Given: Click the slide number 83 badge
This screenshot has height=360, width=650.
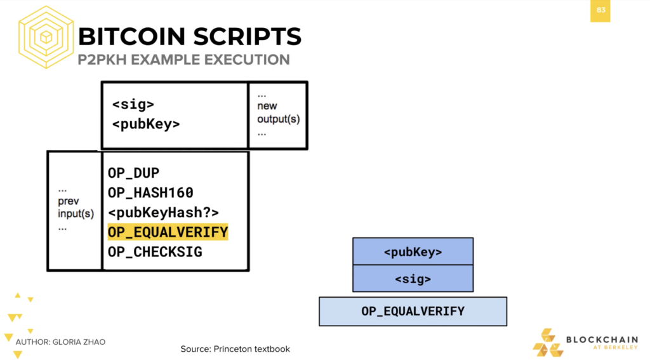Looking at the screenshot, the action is click(600, 10).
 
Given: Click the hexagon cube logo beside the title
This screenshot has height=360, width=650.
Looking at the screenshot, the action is click(46, 37).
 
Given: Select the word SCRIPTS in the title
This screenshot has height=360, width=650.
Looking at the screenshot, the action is click(248, 36).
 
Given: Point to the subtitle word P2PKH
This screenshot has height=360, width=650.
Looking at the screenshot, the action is click(102, 60).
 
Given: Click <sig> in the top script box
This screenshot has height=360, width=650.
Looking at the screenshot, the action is click(133, 104).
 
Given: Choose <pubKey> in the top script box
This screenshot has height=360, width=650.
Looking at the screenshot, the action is click(146, 124).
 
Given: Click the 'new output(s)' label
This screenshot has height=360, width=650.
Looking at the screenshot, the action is click(278, 112).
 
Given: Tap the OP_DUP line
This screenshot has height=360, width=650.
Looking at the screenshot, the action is click(133, 173).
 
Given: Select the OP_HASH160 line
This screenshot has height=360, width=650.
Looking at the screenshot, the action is click(150, 192).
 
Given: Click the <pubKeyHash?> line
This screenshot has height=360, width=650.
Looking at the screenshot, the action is click(163, 212).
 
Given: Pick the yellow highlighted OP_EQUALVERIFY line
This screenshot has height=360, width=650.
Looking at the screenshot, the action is click(168, 232).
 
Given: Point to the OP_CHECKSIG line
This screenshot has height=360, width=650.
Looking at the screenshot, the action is click(155, 252).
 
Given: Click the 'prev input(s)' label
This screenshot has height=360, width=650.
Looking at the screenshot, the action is click(76, 208).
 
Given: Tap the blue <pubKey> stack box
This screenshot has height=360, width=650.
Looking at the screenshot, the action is click(413, 251).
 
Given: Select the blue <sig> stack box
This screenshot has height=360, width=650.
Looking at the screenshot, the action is click(413, 279).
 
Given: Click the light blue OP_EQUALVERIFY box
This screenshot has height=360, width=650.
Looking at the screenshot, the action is click(413, 312).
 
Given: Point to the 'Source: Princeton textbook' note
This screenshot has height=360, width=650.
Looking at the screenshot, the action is click(235, 349).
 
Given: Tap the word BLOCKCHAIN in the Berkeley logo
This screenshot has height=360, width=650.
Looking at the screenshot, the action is click(602, 340).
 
